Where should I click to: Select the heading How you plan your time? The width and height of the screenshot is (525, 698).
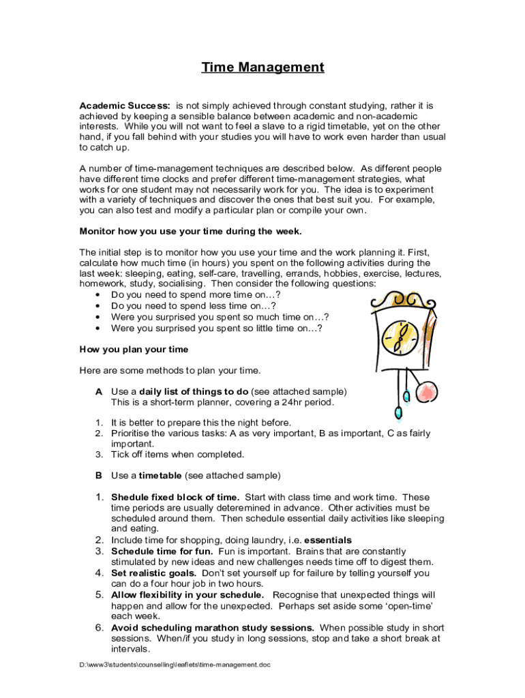click(134, 350)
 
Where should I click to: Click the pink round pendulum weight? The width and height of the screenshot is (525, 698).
click(427, 393)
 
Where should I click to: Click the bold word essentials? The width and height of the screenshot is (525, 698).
click(328, 540)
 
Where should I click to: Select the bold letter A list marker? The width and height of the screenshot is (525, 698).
click(99, 391)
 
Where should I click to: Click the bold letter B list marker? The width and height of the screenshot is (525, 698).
click(99, 475)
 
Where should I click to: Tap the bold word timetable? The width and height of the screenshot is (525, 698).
click(160, 475)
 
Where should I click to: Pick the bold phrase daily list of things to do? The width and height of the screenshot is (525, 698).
click(194, 391)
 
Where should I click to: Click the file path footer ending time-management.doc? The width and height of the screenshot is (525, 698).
click(175, 665)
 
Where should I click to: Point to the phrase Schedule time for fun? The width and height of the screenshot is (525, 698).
click(162, 551)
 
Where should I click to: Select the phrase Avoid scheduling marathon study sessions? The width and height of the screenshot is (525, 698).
click(212, 627)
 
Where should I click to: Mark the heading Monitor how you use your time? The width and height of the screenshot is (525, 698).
click(190, 231)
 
